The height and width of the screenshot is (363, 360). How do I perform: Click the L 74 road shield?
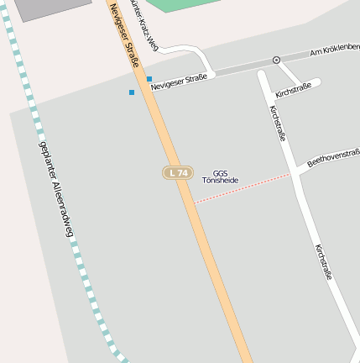click(x=177, y=172)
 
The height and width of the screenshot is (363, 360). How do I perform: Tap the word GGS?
click(x=220, y=173)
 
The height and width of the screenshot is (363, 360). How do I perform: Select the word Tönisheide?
click(x=220, y=181)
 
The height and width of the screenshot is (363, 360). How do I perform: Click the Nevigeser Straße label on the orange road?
click(x=123, y=33)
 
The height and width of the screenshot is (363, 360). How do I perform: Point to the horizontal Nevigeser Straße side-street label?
click(x=179, y=80)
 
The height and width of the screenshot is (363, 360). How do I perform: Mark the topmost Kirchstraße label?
click(x=293, y=90)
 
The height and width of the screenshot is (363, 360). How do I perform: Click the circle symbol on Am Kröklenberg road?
click(x=276, y=60)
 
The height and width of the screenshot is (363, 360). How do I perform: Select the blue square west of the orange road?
click(x=132, y=92)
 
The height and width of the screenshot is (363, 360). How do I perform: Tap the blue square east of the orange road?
click(x=149, y=79)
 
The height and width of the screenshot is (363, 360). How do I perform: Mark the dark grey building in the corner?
click(x=50, y=8)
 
